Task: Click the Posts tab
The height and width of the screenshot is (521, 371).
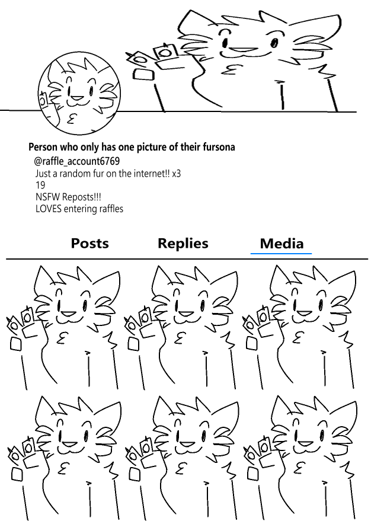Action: click(x=89, y=243)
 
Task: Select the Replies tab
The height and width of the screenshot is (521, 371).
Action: click(x=183, y=244)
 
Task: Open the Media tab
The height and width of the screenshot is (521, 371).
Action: click(x=282, y=244)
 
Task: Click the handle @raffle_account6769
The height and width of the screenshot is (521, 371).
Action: click(x=76, y=161)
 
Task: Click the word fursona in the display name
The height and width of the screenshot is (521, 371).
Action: click(x=219, y=147)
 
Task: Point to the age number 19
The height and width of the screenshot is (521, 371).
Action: click(x=40, y=185)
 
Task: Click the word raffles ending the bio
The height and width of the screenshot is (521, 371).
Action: click(x=114, y=209)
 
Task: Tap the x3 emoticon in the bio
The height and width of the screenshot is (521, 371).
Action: click(x=176, y=174)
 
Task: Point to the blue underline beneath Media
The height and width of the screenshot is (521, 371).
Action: click(x=281, y=254)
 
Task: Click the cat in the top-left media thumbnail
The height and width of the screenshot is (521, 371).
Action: click(x=62, y=327)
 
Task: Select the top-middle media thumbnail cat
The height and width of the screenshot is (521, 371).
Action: click(x=181, y=327)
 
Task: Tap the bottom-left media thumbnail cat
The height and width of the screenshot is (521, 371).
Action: click(x=62, y=458)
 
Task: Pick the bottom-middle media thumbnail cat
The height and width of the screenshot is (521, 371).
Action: click(x=181, y=458)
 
